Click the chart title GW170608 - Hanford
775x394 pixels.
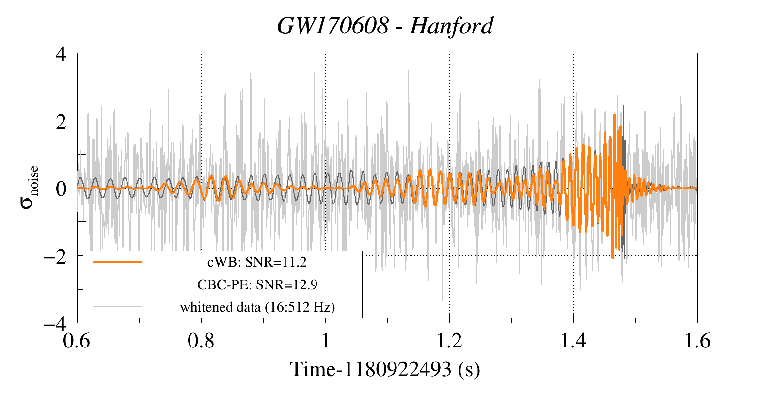click(385, 26)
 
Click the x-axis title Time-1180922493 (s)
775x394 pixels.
click(385, 369)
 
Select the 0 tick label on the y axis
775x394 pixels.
click(61, 189)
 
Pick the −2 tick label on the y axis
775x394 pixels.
click(55, 257)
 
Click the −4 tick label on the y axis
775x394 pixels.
click(55, 324)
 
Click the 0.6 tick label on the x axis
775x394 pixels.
click(77, 340)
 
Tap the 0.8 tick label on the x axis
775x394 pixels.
click(201, 340)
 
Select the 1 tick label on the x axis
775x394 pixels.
click(326, 340)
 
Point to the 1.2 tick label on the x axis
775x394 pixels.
click(449, 340)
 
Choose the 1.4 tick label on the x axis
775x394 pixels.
click(573, 340)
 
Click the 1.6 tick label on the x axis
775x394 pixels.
click(697, 340)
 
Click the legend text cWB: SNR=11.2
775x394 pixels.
click(257, 263)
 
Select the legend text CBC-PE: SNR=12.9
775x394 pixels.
click(257, 284)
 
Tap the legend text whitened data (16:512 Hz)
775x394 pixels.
click(257, 307)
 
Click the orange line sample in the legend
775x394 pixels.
click(118, 262)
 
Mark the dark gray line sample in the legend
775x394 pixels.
click(118, 284)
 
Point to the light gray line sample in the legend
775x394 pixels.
click(118, 306)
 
